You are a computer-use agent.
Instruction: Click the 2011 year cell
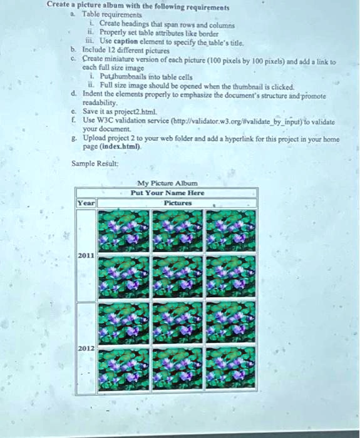point(85,256)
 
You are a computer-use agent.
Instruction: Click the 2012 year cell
point(85,347)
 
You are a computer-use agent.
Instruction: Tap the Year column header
point(85,203)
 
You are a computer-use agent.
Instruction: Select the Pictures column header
point(177,203)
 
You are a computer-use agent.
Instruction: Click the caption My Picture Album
point(167,184)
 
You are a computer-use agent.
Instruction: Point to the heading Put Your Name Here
point(167,193)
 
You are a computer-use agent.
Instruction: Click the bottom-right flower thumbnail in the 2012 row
point(230,369)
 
